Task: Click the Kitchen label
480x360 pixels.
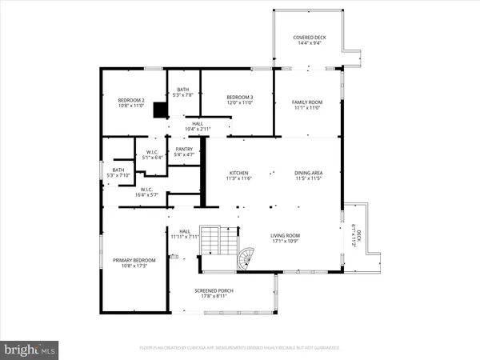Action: (x=239, y=173)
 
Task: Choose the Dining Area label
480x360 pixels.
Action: (x=307, y=173)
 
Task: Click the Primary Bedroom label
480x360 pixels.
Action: (x=133, y=260)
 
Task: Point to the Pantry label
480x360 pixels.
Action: (x=184, y=149)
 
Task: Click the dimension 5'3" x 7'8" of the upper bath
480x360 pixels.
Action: (x=183, y=95)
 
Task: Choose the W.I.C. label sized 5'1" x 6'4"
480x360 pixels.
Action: (x=150, y=154)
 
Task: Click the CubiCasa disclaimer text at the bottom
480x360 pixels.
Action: (x=239, y=348)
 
